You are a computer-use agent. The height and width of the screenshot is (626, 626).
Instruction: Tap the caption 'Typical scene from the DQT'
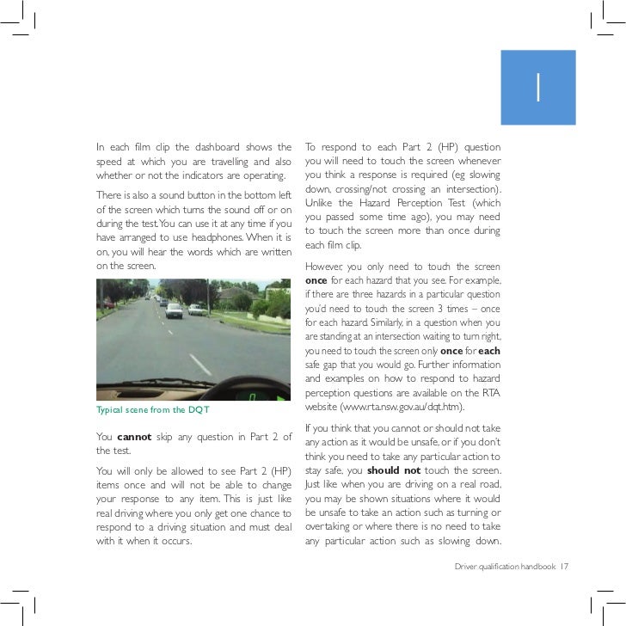click(x=153, y=408)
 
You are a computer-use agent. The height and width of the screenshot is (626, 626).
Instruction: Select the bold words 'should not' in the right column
click(x=393, y=470)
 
